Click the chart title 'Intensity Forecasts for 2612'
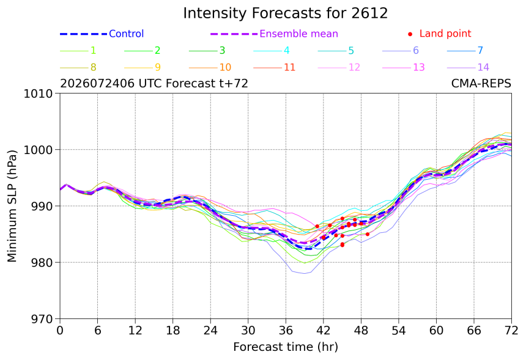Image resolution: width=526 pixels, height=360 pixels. point(286,13)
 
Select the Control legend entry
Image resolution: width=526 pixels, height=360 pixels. point(102,34)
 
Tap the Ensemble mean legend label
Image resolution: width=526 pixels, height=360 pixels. point(298,34)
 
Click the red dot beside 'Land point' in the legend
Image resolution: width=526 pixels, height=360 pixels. point(410,34)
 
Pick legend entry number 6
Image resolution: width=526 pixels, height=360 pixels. point(401,51)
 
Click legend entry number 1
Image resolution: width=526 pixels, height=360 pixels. point(78,51)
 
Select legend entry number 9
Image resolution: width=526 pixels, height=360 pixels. point(143,67)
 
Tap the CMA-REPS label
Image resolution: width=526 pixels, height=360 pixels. point(481,83)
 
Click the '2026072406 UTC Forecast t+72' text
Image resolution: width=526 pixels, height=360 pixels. point(154,83)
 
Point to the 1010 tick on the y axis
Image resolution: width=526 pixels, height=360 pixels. point(38,94)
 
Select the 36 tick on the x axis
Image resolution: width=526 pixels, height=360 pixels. point(286,331)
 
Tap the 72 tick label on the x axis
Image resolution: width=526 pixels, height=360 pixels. point(511,331)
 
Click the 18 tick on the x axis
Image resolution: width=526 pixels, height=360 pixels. point(172,331)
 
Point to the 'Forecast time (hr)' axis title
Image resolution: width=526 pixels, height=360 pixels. point(286,347)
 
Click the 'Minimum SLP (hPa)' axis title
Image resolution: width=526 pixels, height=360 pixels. point(12,206)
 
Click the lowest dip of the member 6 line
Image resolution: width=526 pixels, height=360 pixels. point(304,273)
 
